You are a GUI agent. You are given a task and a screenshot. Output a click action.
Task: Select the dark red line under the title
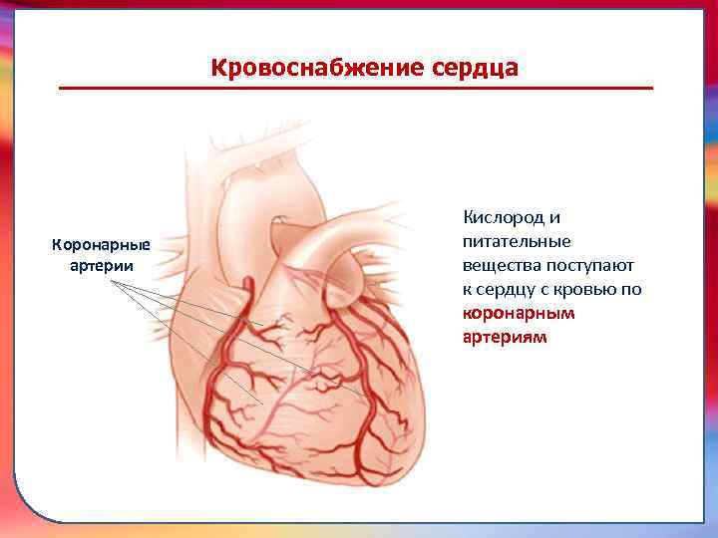pyautogui.click(x=356, y=89)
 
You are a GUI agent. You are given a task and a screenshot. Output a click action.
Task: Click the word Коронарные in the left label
pyautogui.click(x=101, y=245)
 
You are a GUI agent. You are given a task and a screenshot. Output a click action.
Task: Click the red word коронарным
pyautogui.click(x=520, y=313)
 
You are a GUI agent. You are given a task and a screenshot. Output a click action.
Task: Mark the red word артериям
pyautogui.click(x=505, y=338)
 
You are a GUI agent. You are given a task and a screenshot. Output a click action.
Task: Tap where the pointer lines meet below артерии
pyautogui.click(x=112, y=282)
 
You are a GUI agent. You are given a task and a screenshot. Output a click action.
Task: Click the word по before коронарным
pyautogui.click(x=632, y=289)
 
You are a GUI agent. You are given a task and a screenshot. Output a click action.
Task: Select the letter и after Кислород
pyautogui.click(x=555, y=216)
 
